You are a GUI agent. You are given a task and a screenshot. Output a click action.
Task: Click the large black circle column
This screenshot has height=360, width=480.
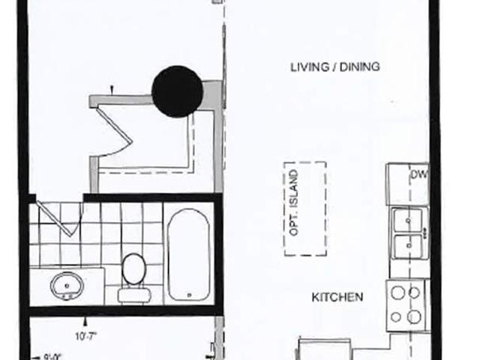coord(178,91)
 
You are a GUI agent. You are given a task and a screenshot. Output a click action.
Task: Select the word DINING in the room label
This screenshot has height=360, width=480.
coord(359,67)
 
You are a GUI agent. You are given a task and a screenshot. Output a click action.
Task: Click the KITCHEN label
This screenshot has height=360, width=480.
coord(337,297)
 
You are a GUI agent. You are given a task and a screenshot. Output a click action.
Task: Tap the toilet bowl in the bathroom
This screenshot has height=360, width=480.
coord(133,268)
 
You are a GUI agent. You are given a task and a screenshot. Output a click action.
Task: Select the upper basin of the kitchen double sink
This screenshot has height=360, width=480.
coord(408,220)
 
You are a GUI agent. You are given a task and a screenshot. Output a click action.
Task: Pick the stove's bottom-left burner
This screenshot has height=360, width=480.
coord(396,317)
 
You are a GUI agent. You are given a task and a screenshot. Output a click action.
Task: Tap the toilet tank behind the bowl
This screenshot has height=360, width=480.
coord(133,293)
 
